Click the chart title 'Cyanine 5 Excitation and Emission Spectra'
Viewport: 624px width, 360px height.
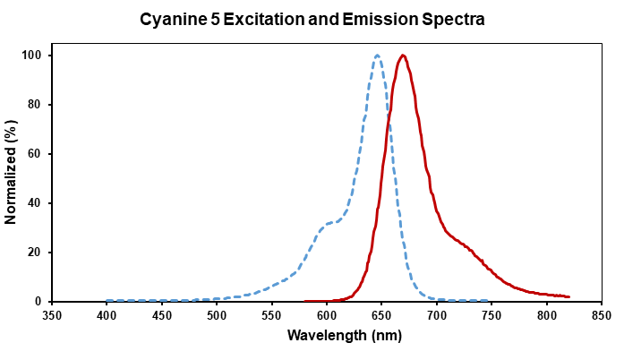[312, 19]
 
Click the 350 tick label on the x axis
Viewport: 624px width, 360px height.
[52, 315]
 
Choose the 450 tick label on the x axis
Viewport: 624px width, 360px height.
[162, 315]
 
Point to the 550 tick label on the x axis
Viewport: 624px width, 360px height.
[272, 315]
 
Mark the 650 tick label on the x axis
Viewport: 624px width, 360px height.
[382, 315]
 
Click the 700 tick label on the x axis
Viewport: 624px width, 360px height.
[437, 315]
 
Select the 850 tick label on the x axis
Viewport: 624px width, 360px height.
[602, 315]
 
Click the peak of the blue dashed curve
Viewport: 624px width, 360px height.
[378, 56]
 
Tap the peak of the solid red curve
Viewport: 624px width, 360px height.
[403, 56]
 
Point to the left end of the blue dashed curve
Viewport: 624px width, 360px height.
[107, 301]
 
